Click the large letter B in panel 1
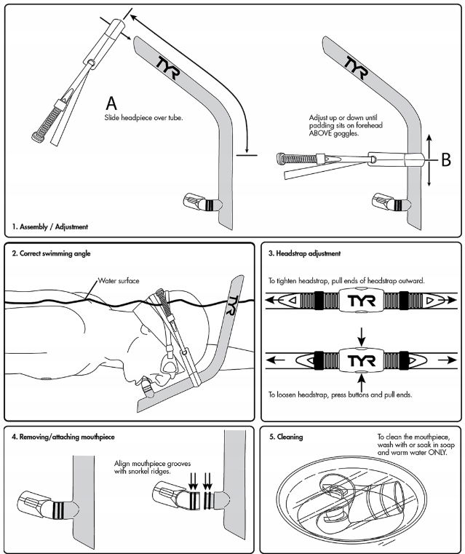(446, 157)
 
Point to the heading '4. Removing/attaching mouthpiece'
(63, 437)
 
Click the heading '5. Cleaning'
(285, 437)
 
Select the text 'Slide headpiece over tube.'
(143, 116)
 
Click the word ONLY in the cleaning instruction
(437, 452)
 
